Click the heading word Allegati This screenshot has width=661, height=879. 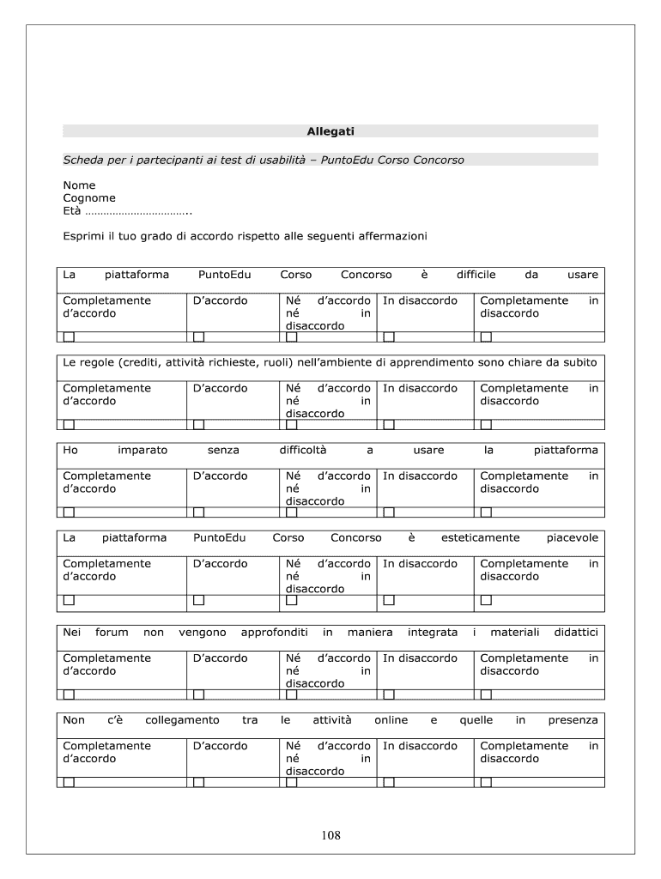(x=330, y=131)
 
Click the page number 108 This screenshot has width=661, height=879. (x=330, y=834)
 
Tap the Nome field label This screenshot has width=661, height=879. (x=79, y=185)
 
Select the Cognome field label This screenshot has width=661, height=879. (x=89, y=198)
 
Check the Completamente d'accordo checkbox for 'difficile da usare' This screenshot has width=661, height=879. (x=69, y=336)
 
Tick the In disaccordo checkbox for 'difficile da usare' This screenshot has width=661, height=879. (x=389, y=336)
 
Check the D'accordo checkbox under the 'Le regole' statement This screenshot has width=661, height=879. (x=198, y=424)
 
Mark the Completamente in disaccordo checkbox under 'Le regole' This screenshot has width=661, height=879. (x=486, y=424)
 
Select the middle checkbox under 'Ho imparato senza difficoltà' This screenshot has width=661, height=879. (x=292, y=512)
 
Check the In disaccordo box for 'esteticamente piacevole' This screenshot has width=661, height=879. (x=389, y=600)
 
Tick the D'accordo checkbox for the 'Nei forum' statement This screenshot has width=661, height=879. (x=198, y=694)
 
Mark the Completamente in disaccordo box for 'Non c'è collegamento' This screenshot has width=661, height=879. (x=486, y=782)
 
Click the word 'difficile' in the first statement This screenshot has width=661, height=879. (x=476, y=275)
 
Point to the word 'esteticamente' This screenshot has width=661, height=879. (x=480, y=538)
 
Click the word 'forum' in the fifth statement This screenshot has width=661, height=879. (x=112, y=633)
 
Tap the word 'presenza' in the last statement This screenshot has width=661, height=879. (x=573, y=720)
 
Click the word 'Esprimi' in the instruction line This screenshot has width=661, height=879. (x=83, y=236)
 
